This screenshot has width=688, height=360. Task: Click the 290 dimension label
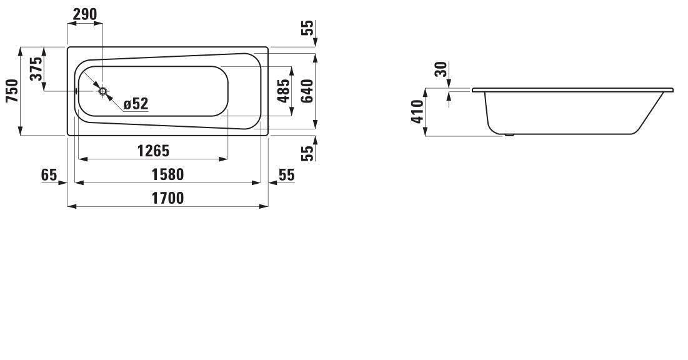click(85, 14)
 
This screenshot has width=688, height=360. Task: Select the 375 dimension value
click(36, 69)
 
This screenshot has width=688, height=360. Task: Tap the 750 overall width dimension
click(12, 91)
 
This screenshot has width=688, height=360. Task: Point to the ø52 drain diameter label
click(136, 104)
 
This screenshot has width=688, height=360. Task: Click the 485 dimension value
click(284, 91)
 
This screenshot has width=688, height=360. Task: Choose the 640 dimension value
click(307, 91)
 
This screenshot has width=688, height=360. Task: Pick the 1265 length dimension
click(153, 151)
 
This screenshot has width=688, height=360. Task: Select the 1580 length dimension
click(167, 174)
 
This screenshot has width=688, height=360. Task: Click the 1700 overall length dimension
click(167, 198)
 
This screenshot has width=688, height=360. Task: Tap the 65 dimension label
click(49, 175)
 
